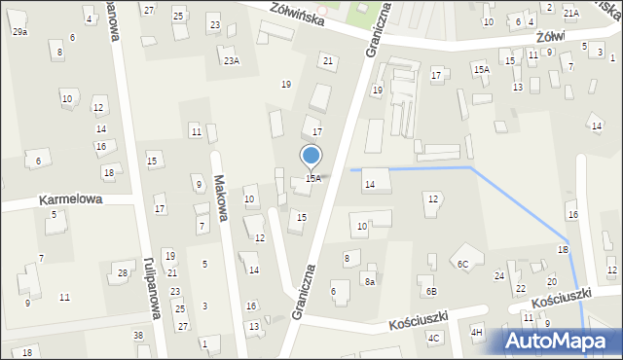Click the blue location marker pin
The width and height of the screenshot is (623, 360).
(311, 157)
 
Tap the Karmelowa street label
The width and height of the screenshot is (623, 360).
(70, 199)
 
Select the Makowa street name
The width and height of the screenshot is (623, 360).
(222, 198)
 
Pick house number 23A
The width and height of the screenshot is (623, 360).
(231, 61)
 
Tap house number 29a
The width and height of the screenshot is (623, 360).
(19, 32)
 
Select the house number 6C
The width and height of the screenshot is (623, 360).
(463, 264)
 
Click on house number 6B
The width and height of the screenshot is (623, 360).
(430, 291)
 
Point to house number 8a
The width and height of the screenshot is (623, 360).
(370, 281)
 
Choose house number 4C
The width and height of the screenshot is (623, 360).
(434, 338)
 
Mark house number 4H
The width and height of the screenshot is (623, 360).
(477, 333)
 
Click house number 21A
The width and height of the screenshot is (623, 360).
(570, 13)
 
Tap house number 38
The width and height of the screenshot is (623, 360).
(138, 336)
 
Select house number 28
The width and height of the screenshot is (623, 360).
(123, 272)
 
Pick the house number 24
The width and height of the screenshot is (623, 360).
(499, 276)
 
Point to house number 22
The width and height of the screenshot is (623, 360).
(521, 289)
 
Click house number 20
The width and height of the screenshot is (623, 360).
(551, 281)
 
